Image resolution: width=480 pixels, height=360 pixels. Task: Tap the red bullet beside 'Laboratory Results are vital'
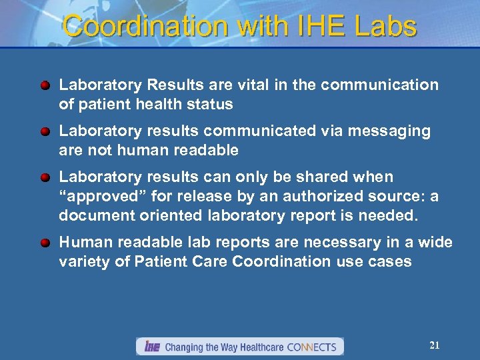45,86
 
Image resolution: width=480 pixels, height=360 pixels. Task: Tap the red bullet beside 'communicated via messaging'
45,132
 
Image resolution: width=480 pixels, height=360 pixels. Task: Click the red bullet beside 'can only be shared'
45,178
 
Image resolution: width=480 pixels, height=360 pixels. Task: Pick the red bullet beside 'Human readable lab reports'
45,243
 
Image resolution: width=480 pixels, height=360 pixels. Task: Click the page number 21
435,345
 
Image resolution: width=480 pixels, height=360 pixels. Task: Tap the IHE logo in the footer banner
151,347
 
